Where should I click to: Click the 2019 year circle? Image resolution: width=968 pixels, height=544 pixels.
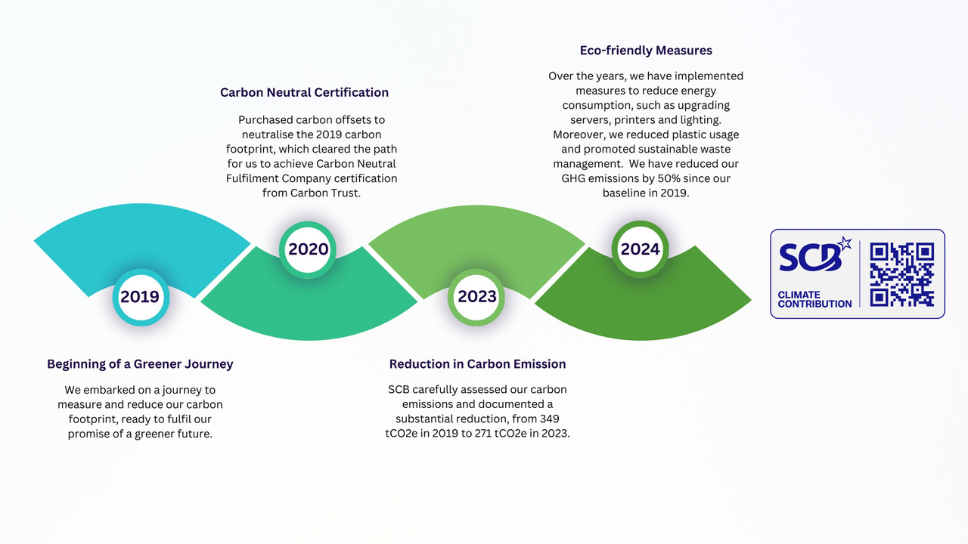click(x=141, y=297)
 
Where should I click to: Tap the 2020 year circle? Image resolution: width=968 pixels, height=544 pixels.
click(x=308, y=249)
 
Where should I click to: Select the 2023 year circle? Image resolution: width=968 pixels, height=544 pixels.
click(x=476, y=297)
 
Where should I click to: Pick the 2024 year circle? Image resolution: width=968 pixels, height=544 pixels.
click(x=640, y=249)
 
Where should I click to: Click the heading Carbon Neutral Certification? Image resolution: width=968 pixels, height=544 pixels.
click(x=304, y=92)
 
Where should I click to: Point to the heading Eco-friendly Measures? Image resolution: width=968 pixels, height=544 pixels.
click(x=646, y=51)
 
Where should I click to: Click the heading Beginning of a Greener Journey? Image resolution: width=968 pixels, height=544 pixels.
click(x=140, y=364)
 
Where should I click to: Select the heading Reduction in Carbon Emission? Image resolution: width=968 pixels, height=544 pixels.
click(x=477, y=364)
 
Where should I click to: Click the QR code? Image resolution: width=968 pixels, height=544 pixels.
click(x=902, y=274)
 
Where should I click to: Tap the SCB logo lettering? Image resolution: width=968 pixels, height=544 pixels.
click(x=811, y=258)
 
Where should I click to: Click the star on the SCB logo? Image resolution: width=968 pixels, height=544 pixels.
click(x=845, y=243)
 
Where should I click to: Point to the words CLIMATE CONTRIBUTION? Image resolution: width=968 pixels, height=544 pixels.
click(x=814, y=299)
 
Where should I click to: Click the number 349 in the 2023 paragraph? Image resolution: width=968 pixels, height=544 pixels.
click(x=550, y=419)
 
